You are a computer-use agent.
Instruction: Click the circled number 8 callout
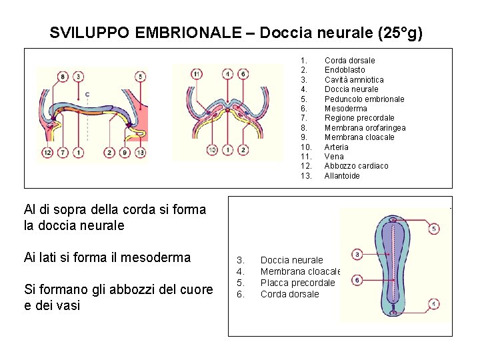pyautogui.click(x=62, y=77)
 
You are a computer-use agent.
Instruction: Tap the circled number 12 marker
pyautogui.click(x=47, y=153)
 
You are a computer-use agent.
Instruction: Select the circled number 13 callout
pyautogui.click(x=140, y=153)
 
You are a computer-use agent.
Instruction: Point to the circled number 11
pyautogui.click(x=196, y=74)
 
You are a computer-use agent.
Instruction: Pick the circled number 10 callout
pyautogui.click(x=211, y=150)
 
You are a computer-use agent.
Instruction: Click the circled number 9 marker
pyautogui.click(x=125, y=153)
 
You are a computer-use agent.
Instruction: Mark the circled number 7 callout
pyautogui.click(x=62, y=153)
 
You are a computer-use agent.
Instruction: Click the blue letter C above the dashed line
pyautogui.click(x=87, y=94)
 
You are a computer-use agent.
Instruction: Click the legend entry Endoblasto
pyautogui.click(x=345, y=70)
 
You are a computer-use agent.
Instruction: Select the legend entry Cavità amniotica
pyautogui.click(x=354, y=80)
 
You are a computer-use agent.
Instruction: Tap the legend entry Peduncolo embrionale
pyautogui.click(x=364, y=99)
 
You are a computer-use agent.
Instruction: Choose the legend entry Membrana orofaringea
pyautogui.click(x=365, y=128)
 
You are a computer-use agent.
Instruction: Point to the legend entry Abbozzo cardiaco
pyautogui.click(x=356, y=166)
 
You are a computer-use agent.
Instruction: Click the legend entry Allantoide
pyautogui.click(x=342, y=176)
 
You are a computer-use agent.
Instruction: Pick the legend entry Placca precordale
pyautogui.click(x=297, y=283)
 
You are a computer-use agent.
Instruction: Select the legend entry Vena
pyautogui.click(x=333, y=157)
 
